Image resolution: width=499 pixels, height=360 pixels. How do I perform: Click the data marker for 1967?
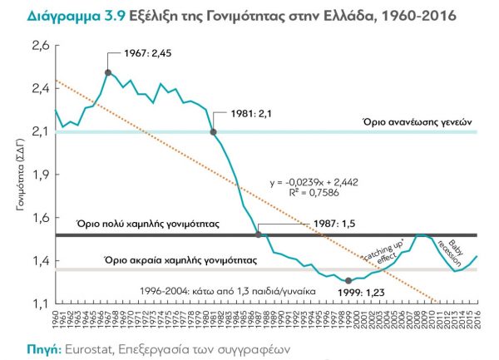(x=108, y=72)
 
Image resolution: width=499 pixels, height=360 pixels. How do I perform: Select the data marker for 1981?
(x=214, y=131)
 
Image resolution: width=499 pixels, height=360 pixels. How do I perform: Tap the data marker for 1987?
(x=259, y=234)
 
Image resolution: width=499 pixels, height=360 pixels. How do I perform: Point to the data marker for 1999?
(x=348, y=281)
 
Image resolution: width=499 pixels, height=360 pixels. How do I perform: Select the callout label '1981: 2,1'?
(x=241, y=113)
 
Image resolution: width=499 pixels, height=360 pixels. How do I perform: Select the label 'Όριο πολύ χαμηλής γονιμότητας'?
(x=146, y=224)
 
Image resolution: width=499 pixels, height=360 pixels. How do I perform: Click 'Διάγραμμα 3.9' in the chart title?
(x=62, y=16)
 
